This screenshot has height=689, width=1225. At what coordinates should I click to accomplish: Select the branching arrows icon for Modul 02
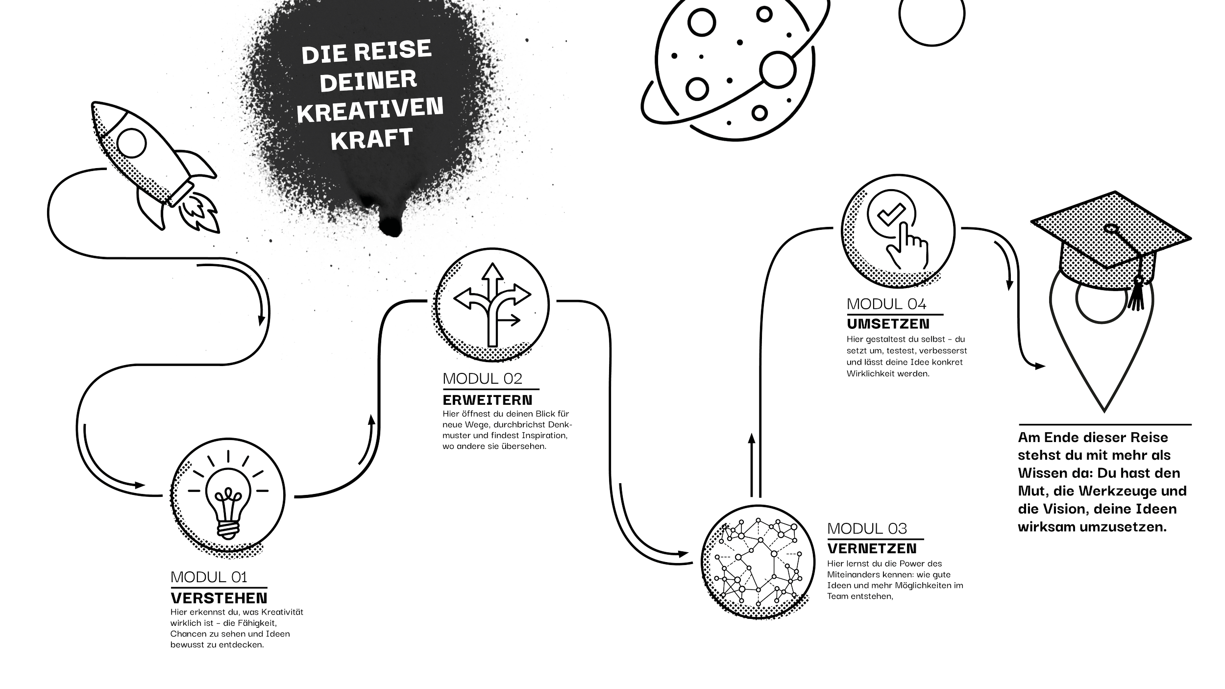tap(491, 304)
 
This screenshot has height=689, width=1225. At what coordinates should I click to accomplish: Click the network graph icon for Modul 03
tap(758, 561)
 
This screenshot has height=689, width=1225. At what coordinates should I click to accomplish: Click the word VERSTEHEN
tap(219, 598)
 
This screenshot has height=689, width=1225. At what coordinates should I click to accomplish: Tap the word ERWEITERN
tap(488, 399)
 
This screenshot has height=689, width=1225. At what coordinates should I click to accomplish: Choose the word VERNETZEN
tap(872, 548)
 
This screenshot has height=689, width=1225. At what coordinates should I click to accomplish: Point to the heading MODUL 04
tap(887, 304)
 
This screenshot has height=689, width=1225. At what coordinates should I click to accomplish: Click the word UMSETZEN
tap(887, 324)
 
